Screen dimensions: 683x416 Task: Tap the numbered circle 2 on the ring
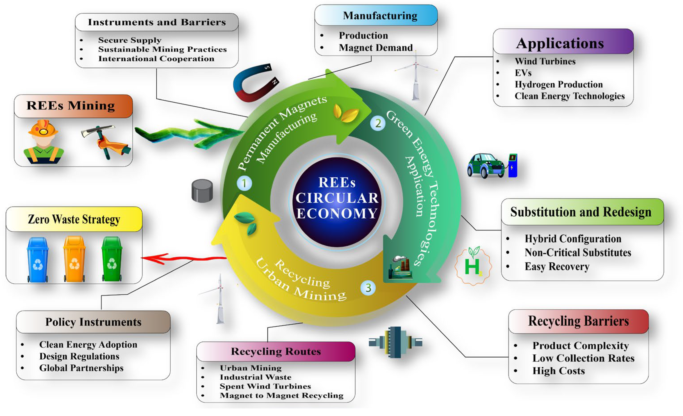378,123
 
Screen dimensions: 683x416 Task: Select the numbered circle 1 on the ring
244,183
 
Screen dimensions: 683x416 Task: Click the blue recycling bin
37,260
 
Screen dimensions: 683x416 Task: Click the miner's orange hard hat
43,128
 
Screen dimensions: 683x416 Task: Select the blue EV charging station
512,166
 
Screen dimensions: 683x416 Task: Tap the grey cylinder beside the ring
202,191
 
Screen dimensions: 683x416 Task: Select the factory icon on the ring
400,267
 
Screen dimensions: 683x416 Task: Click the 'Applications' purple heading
560,43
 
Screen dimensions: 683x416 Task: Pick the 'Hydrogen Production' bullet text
559,84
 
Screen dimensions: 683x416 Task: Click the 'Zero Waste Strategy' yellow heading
74,219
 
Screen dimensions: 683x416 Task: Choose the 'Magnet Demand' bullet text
376,48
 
